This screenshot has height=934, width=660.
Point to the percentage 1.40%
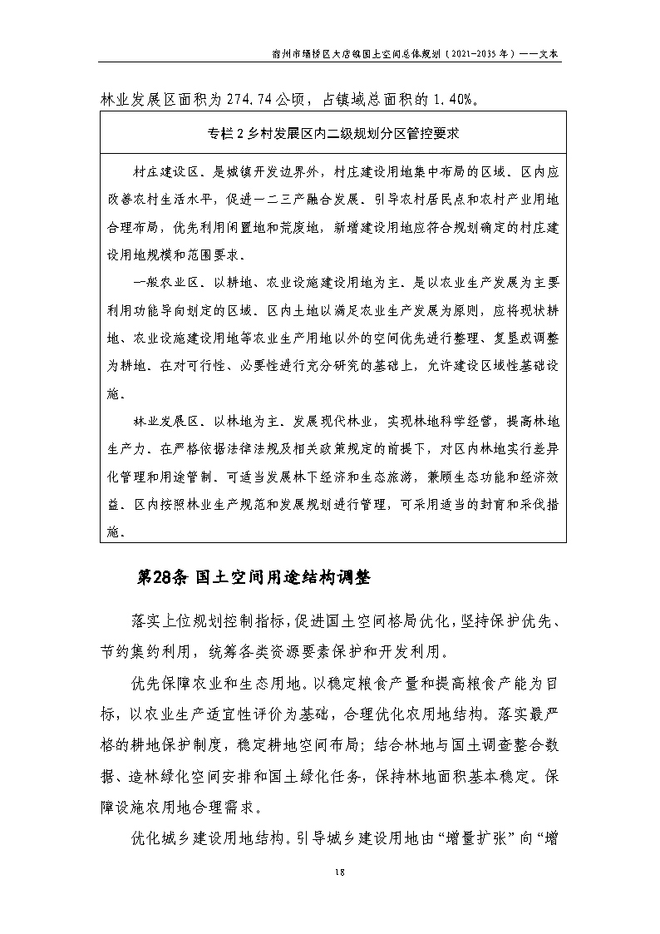[x=453, y=100]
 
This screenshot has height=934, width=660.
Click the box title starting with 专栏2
[x=332, y=132]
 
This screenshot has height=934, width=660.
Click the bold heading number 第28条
[x=163, y=579]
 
